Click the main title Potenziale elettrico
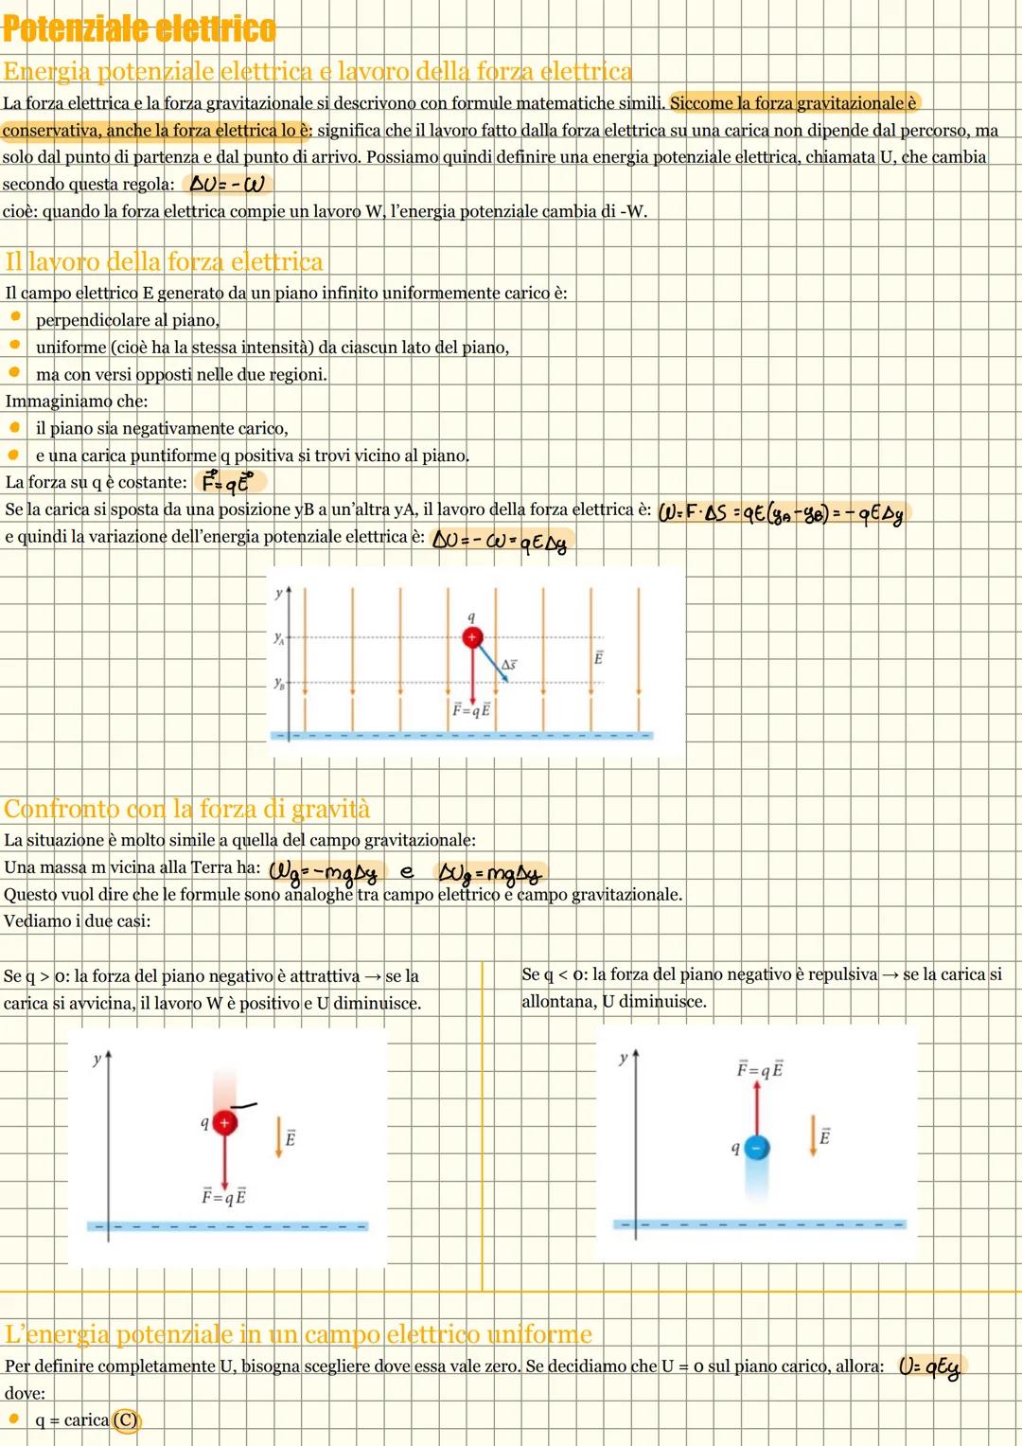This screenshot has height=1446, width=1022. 139,29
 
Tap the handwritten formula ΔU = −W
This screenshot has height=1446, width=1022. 227,185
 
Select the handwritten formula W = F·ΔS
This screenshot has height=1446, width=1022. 783,513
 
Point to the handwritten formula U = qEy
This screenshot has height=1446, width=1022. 929,1367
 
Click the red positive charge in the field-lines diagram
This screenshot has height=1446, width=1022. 472,637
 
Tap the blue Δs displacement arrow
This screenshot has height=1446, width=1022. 491,660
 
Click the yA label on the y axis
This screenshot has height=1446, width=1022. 279,638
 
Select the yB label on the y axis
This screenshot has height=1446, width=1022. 279,683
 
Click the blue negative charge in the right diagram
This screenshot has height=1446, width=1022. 757,1147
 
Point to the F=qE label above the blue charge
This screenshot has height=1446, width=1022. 760,1070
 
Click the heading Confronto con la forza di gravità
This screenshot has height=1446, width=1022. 187,808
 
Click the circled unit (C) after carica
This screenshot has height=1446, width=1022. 126,1419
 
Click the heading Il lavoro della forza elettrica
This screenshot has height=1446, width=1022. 164,261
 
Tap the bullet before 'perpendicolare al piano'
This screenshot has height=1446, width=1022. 15,316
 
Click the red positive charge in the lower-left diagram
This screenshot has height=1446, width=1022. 224,1122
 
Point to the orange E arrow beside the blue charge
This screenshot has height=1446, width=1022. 813,1135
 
